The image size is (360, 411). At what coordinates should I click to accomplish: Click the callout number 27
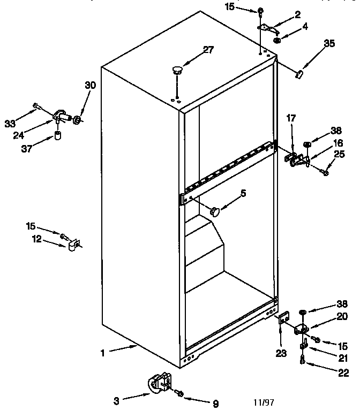(207, 50)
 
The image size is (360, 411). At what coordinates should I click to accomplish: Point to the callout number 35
(329, 43)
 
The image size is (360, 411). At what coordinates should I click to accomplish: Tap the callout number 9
(215, 404)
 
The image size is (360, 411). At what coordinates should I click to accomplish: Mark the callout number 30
(90, 85)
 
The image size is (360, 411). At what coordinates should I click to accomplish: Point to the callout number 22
(343, 373)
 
